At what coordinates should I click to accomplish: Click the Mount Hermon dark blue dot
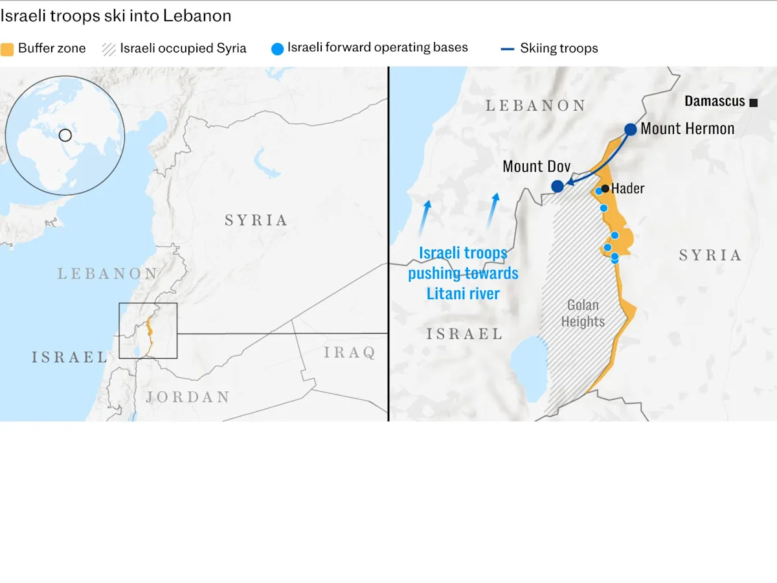[x=631, y=129]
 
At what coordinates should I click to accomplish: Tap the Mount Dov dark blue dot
[x=557, y=187]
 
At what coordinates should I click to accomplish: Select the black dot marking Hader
[x=605, y=189]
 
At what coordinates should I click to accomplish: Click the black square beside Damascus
[x=753, y=102]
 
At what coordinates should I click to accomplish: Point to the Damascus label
[x=715, y=102]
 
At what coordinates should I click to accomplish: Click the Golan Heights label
[x=583, y=314]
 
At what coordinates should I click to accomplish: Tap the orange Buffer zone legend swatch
[x=7, y=49]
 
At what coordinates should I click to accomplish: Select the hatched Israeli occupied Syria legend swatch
[x=109, y=49]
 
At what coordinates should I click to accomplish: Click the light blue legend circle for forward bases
[x=277, y=49]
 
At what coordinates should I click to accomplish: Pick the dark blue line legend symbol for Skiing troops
[x=508, y=49]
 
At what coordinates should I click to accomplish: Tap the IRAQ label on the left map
[x=350, y=352]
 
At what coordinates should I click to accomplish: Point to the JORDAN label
[x=188, y=397]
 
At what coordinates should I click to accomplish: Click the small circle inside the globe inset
[x=65, y=135]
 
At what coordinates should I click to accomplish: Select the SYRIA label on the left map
[x=256, y=220]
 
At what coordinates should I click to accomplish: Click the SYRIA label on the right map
[x=710, y=255]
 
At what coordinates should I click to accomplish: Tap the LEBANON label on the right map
[x=535, y=106]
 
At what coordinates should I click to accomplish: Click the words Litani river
[x=463, y=293]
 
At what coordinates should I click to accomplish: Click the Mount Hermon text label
[x=688, y=129]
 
